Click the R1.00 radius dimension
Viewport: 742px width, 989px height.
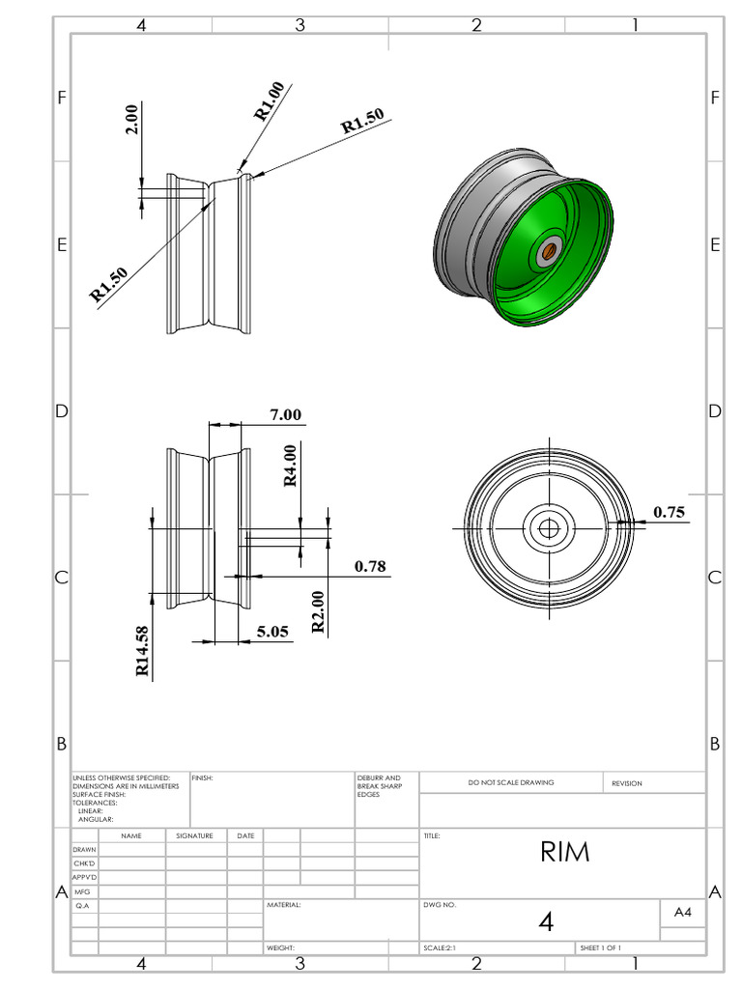(x=270, y=101)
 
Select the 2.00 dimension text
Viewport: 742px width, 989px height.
(x=131, y=119)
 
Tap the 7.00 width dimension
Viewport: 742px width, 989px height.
(x=285, y=414)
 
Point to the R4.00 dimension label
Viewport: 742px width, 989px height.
(x=290, y=466)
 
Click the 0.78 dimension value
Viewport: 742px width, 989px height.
(x=370, y=566)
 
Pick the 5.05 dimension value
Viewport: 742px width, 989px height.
(x=271, y=632)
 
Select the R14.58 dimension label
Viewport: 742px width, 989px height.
(x=142, y=651)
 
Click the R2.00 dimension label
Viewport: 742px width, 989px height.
(x=318, y=611)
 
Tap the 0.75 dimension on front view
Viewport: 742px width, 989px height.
(x=669, y=512)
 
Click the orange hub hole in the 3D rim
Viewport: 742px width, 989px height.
(x=548, y=251)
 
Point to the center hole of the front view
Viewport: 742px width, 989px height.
(x=549, y=527)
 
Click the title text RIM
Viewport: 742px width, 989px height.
(x=564, y=852)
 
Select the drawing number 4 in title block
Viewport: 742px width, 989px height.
(x=546, y=921)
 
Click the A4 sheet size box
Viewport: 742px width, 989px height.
(x=682, y=911)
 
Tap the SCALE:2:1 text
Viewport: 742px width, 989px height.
(x=440, y=948)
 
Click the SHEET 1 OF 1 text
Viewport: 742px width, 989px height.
(x=601, y=948)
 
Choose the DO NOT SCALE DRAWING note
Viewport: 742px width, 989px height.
(x=511, y=782)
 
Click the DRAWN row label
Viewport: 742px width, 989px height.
(x=84, y=849)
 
